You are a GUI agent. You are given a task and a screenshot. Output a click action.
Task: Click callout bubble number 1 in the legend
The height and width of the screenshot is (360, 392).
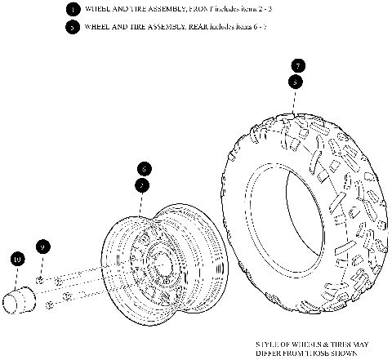click(x=73, y=10)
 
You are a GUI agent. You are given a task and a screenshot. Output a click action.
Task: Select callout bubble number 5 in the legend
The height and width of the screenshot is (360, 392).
click(x=73, y=27)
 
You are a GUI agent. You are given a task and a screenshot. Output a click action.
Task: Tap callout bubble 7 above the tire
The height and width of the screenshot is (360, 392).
click(x=298, y=65)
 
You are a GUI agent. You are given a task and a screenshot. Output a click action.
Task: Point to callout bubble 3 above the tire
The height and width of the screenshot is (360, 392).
click(x=296, y=82)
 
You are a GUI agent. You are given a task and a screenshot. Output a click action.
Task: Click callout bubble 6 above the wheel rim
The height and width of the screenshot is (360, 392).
click(x=143, y=169)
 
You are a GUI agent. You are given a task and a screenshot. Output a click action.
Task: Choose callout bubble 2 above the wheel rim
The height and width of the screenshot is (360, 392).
click(x=143, y=185)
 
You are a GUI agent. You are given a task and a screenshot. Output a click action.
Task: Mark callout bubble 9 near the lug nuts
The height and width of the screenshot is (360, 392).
click(x=43, y=246)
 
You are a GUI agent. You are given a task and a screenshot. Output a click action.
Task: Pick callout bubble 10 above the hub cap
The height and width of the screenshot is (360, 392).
click(x=17, y=260)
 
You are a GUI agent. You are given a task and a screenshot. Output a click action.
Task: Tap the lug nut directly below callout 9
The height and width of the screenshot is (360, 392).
click(x=41, y=280)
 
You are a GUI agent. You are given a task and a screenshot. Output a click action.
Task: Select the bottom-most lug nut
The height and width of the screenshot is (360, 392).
click(x=51, y=305)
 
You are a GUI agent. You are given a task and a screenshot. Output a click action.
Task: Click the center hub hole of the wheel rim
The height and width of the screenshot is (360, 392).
click(x=161, y=264)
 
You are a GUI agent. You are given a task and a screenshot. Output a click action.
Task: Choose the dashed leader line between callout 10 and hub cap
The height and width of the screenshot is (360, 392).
click(x=17, y=276)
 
